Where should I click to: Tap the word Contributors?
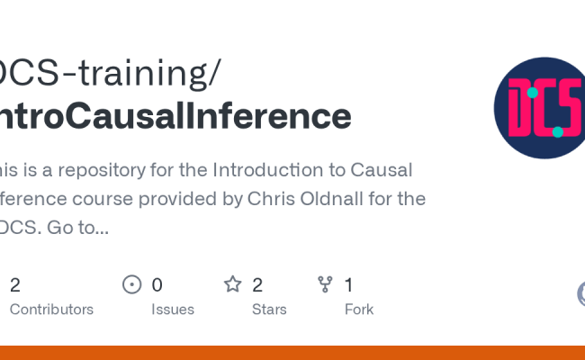coord(51,309)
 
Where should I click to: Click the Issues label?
coord(173,309)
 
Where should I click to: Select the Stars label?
coord(269,309)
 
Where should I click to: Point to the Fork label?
coord(359,309)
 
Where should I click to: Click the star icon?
coord(233,284)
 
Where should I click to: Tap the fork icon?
coord(326,284)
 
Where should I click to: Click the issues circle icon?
coord(132,284)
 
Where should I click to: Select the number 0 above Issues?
coord(157,284)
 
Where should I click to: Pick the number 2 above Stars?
coord(257,284)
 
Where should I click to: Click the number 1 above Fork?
coord(349,284)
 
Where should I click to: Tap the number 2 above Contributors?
coord(14,284)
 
